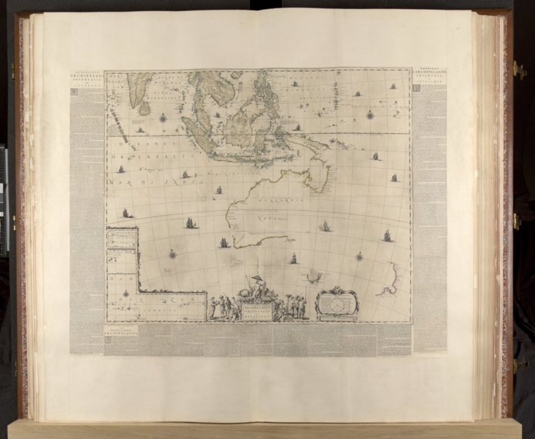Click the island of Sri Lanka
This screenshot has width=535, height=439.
[x=144, y=109]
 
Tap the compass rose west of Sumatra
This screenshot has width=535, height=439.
[x=163, y=118]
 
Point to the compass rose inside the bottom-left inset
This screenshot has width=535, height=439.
[x=126, y=293]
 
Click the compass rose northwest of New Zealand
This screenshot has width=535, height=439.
[x=359, y=256]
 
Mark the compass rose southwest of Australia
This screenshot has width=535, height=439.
[x=172, y=254]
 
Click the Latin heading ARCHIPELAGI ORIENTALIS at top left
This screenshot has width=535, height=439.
[x=87, y=77]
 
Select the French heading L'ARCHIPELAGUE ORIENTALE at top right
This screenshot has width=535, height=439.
[x=429, y=75]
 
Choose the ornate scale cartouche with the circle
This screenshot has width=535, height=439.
[x=336, y=304]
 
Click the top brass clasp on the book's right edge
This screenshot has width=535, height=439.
[x=518, y=70]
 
